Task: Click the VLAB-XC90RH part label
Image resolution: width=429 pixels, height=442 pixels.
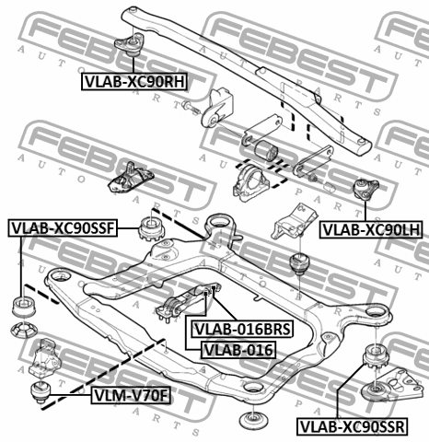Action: click(134, 82)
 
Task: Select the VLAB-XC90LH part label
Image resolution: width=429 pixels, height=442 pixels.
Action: click(371, 229)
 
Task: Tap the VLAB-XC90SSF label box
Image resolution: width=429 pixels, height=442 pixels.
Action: click(63, 228)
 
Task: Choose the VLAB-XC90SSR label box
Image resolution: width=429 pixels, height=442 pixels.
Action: click(353, 426)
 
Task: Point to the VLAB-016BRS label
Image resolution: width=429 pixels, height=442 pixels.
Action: click(242, 329)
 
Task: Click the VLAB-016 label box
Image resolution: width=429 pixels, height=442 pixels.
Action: click(238, 350)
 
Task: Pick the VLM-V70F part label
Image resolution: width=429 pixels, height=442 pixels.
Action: click(131, 395)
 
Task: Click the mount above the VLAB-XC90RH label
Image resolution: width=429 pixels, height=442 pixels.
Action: click(129, 44)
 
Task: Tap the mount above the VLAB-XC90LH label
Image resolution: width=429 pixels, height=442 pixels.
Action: click(366, 190)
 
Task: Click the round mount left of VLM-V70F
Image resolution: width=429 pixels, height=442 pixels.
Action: click(41, 391)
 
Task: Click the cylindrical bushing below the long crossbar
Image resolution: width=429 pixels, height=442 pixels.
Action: click(266, 151)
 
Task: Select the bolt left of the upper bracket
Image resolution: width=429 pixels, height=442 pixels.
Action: click(191, 107)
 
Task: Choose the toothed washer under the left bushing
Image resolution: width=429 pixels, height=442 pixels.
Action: click(24, 330)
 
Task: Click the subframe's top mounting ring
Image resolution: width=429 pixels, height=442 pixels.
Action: click(219, 224)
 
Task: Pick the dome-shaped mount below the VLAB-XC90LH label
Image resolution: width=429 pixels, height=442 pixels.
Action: click(299, 262)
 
